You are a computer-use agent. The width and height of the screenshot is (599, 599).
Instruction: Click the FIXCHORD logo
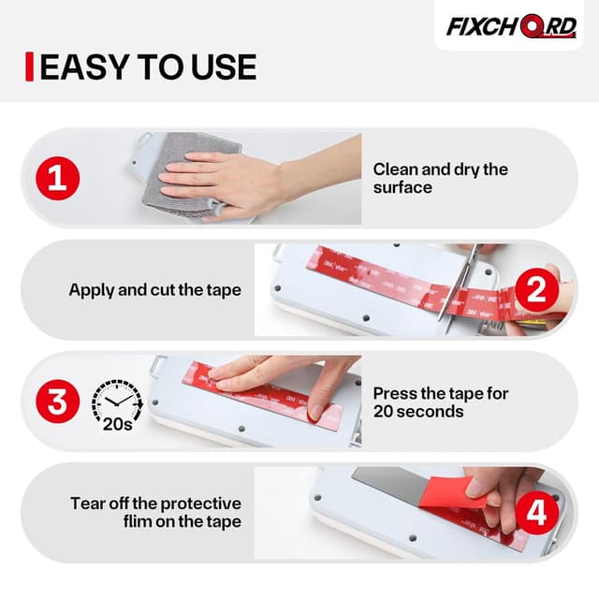tap(510, 26)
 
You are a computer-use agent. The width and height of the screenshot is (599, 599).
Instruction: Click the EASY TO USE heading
tap(148, 66)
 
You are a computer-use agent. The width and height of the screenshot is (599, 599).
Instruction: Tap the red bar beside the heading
tap(30, 66)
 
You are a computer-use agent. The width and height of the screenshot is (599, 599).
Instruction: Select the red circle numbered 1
tap(57, 178)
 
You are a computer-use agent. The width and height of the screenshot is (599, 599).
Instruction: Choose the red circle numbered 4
tap(536, 513)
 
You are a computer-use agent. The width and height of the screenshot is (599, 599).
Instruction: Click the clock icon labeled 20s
tap(117, 402)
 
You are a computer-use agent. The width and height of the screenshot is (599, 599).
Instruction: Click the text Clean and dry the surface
tap(440, 178)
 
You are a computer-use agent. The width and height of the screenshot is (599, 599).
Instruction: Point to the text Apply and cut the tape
tap(154, 290)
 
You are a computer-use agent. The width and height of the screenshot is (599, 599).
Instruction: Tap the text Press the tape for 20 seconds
tap(440, 402)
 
